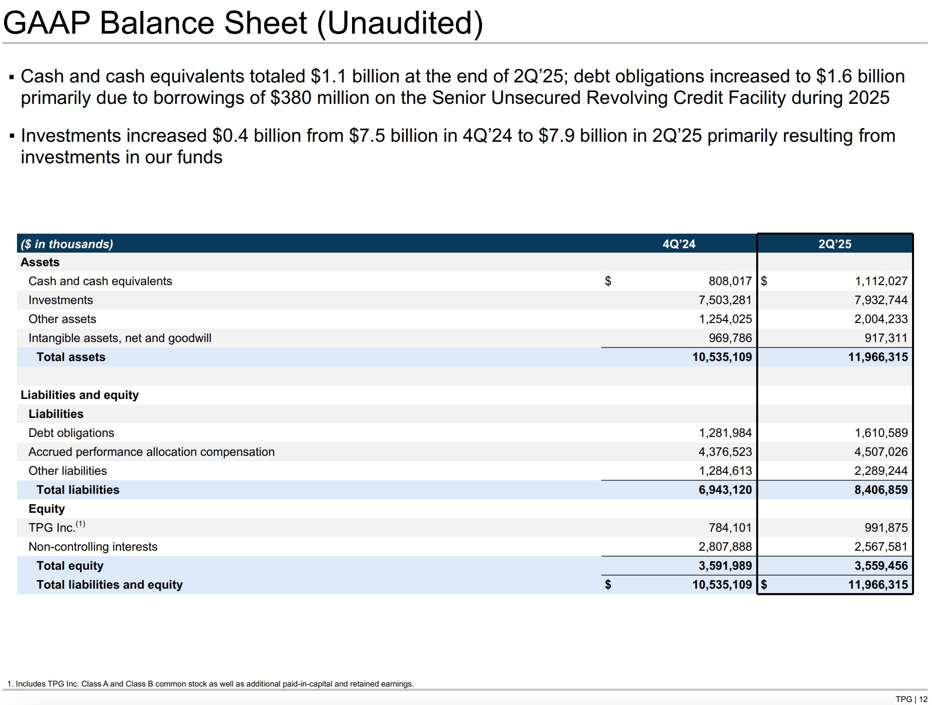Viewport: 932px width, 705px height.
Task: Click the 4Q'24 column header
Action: (679, 244)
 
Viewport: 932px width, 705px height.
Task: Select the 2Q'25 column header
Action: (835, 244)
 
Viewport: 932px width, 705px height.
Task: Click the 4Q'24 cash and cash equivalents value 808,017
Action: (730, 281)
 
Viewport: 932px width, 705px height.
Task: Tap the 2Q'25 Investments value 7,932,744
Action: (881, 300)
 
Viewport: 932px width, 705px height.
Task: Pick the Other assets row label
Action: (62, 319)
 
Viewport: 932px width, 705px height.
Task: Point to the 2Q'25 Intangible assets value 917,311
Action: (886, 338)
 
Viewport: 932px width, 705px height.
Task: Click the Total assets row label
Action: (71, 357)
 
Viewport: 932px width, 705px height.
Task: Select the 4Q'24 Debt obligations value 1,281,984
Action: (725, 433)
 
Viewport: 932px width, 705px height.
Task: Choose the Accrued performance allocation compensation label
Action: (151, 452)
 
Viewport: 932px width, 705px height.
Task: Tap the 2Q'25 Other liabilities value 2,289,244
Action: (881, 471)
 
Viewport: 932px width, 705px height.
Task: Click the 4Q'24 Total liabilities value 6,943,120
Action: (725, 490)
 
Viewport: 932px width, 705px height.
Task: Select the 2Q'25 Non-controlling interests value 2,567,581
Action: (881, 547)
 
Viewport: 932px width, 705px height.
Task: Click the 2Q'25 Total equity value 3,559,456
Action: (881, 566)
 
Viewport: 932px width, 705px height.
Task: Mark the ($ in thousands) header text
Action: (67, 244)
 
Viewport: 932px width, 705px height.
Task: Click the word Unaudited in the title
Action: (400, 23)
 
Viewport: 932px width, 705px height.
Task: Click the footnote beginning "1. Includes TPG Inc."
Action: (210, 684)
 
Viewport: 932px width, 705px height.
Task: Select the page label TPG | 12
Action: (911, 699)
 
